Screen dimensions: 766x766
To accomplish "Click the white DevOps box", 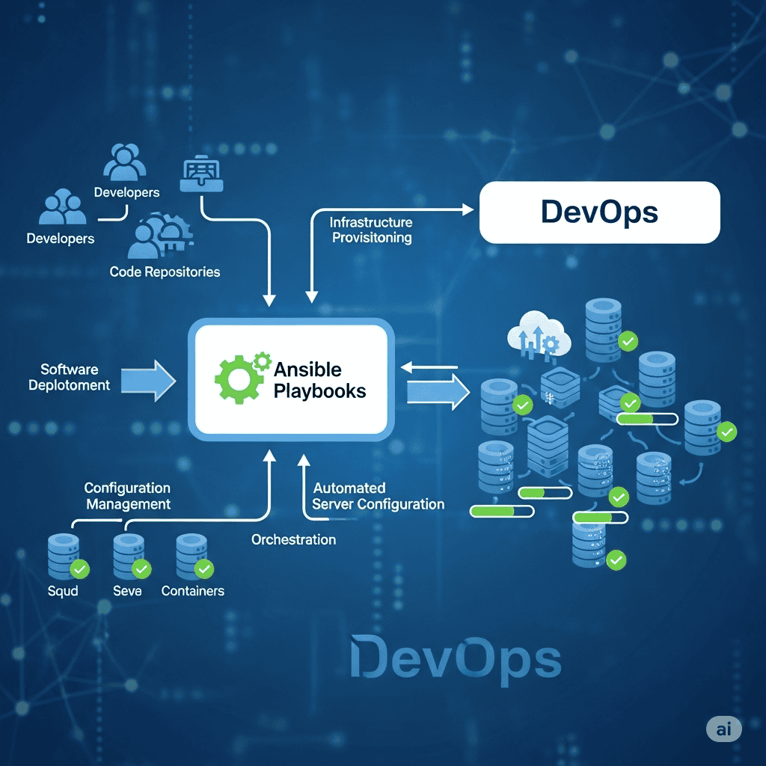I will (x=598, y=212).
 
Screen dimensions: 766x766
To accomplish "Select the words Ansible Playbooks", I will (x=319, y=380).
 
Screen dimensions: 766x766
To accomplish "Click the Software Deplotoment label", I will (x=70, y=377).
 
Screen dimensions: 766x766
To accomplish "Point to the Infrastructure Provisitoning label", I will (x=372, y=230).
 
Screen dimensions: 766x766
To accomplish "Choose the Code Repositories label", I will (x=165, y=272).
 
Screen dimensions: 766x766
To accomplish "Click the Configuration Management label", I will (x=128, y=496).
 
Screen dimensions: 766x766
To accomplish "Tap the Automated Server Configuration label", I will (x=378, y=496).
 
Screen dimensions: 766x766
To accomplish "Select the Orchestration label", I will (x=293, y=539).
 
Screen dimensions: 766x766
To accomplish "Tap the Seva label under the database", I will (x=126, y=591).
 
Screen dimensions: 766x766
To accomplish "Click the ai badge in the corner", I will (x=723, y=729).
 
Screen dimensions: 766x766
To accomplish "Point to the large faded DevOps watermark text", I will (x=456, y=659).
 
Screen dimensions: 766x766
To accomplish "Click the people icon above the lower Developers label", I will (x=62, y=207).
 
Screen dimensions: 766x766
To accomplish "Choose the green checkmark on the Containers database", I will (x=203, y=570).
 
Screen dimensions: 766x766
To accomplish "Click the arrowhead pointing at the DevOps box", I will (x=469, y=210).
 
